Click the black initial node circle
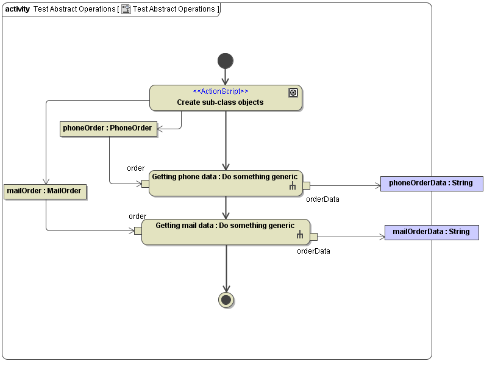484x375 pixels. tap(226, 61)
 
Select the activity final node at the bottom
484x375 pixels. tap(226, 299)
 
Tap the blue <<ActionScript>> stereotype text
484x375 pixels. tap(220, 91)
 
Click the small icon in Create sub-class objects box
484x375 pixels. tap(293, 93)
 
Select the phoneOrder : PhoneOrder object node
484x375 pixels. tap(107, 128)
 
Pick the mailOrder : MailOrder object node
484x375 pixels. tap(44, 191)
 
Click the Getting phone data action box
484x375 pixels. tap(226, 184)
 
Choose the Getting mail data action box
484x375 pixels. tap(226, 232)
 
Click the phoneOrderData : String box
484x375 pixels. tap(431, 183)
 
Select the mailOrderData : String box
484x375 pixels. tap(431, 232)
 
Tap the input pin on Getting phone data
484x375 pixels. tap(145, 184)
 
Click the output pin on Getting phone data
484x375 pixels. tap(306, 185)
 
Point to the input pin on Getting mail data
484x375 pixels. tap(138, 231)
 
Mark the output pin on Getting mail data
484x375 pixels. tap(313, 237)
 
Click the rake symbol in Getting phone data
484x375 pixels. tap(293, 187)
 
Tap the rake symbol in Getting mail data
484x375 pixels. tap(299, 235)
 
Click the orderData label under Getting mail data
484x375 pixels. tap(313, 251)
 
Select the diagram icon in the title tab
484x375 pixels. tap(126, 9)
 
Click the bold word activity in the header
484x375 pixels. tap(17, 9)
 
